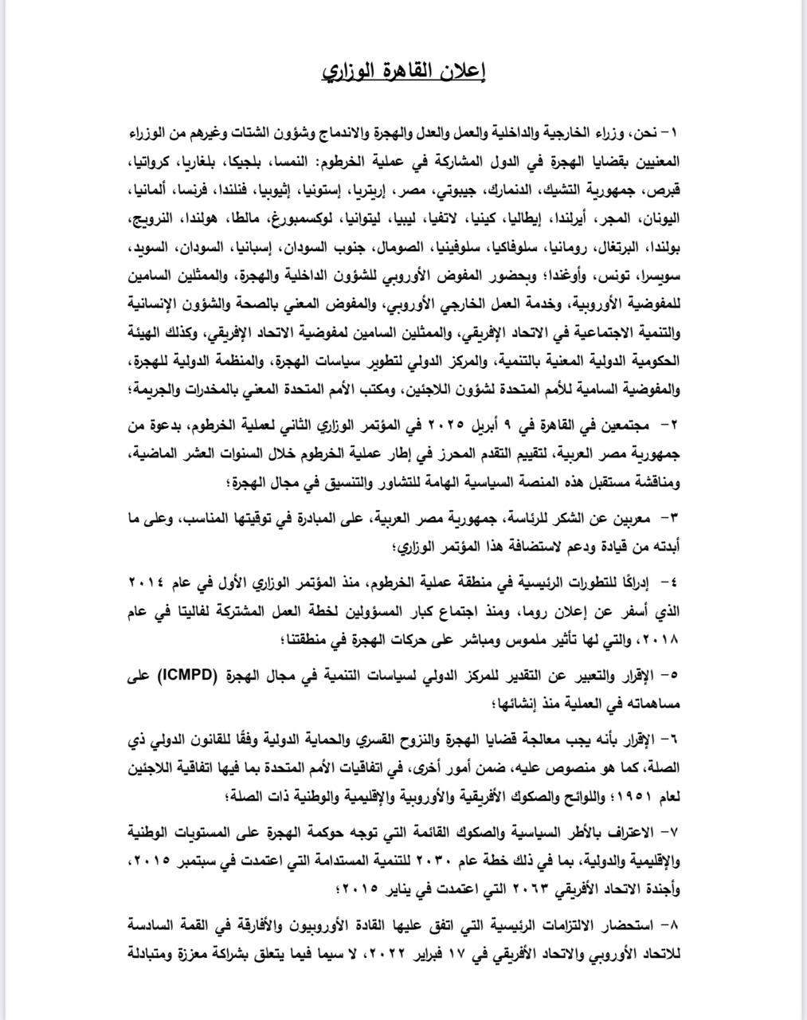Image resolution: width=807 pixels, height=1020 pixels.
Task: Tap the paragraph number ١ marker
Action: pos(676,131)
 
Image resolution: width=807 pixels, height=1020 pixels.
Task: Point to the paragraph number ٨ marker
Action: pos(674,925)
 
